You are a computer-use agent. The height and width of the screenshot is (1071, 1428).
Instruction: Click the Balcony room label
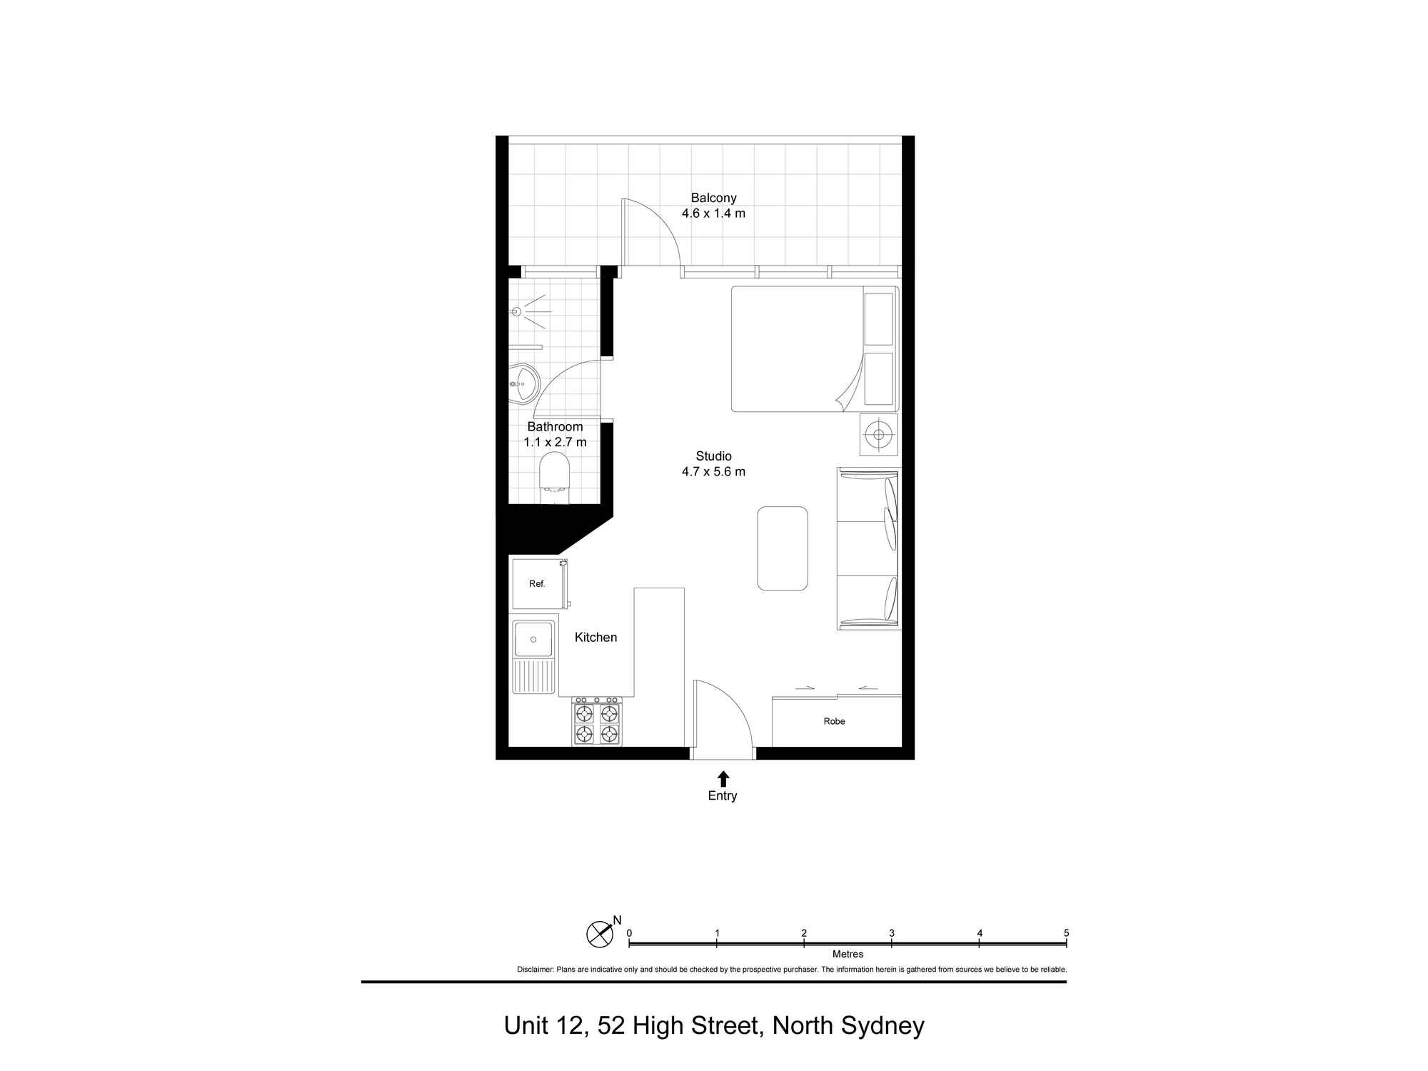(x=713, y=198)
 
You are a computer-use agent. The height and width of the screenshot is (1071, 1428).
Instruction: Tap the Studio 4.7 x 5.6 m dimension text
(x=713, y=471)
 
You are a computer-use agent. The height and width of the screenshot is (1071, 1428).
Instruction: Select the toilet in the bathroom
(x=554, y=472)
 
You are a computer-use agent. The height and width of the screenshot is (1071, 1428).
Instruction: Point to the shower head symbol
(x=516, y=311)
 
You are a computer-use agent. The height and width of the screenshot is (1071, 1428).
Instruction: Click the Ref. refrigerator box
(x=538, y=584)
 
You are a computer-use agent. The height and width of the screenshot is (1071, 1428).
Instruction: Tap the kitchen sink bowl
(x=533, y=639)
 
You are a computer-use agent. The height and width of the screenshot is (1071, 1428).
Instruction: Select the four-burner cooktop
(x=597, y=723)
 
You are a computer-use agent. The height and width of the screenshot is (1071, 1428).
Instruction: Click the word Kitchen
(x=595, y=637)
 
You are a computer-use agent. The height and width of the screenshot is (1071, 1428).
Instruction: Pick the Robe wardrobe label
(x=834, y=721)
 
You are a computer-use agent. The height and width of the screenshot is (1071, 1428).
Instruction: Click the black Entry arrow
(x=723, y=778)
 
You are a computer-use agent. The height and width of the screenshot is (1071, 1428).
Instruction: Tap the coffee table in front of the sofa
(x=782, y=548)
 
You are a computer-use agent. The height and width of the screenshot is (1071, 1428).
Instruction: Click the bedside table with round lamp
(x=878, y=434)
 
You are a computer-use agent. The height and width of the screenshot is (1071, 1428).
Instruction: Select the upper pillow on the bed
(x=878, y=318)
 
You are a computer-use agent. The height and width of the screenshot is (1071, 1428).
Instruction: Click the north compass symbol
(x=600, y=933)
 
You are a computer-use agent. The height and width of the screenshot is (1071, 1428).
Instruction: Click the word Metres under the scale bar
(x=848, y=954)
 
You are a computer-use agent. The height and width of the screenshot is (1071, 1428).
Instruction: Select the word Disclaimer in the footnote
(x=535, y=970)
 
